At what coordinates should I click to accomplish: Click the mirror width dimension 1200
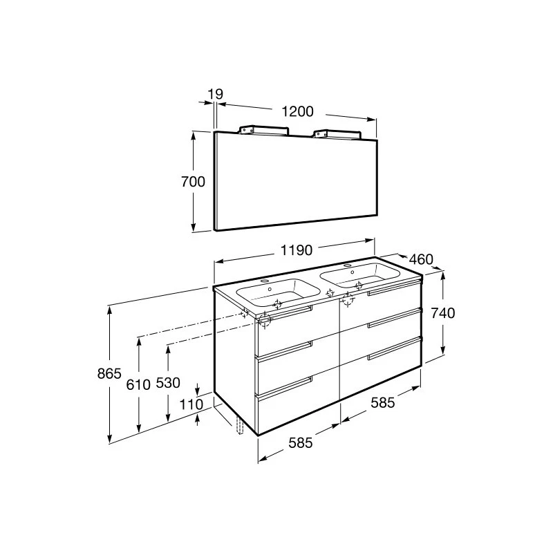point(298,112)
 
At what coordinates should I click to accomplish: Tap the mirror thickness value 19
point(215,95)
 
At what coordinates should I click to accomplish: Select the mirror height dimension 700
point(193,182)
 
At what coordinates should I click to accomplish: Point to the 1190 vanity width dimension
point(297,250)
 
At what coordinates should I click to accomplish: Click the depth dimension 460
point(421,260)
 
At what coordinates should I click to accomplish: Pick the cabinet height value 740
point(443,313)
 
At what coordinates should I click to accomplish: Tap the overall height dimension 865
point(109,373)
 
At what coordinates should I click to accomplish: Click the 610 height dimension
point(138,385)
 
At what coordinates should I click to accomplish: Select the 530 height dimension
point(168,383)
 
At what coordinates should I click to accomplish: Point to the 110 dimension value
point(191,404)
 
